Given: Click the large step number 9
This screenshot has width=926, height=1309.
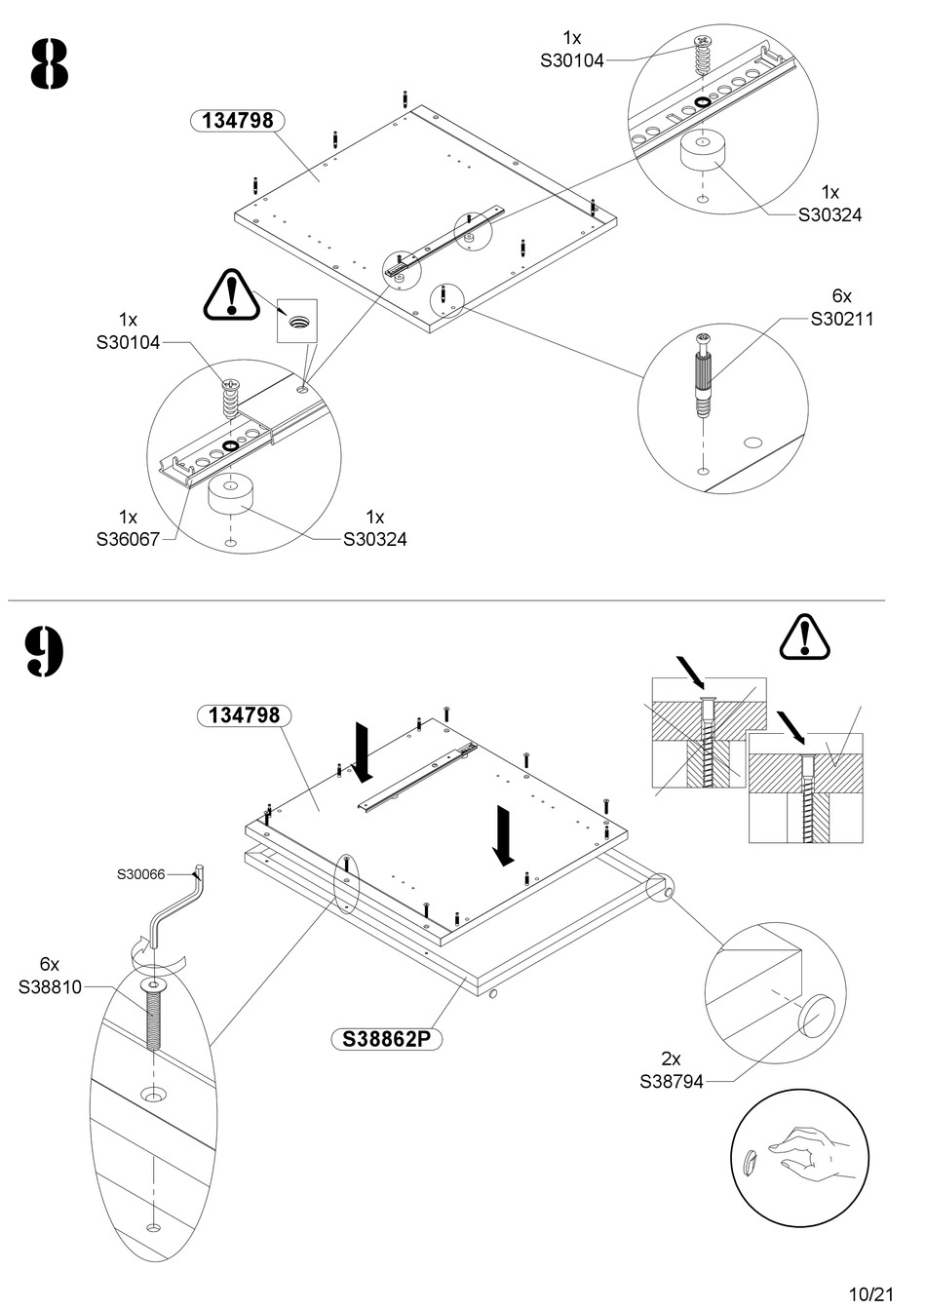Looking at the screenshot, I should click(45, 652).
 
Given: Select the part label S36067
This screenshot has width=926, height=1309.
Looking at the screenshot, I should click(128, 538).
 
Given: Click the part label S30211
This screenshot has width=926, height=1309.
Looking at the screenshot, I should click(842, 318).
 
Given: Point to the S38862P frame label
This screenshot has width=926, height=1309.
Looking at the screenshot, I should click(386, 1040).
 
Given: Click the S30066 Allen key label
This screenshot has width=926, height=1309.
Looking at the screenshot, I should click(141, 874).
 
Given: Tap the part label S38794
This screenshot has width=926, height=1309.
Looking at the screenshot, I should click(672, 1081).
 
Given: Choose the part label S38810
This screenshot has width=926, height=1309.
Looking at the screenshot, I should click(51, 987).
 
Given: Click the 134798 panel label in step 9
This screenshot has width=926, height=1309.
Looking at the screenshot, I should click(245, 714).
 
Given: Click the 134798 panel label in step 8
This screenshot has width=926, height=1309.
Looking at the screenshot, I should click(237, 121).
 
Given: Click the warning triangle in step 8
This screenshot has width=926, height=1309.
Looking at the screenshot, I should click(231, 295).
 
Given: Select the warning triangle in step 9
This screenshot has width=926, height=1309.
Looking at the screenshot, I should click(804, 637).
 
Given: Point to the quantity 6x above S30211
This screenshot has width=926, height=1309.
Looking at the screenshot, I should click(842, 295).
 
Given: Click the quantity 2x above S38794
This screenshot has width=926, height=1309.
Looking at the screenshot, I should click(672, 1059).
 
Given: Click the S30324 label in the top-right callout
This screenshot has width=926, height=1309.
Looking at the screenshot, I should click(830, 214).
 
